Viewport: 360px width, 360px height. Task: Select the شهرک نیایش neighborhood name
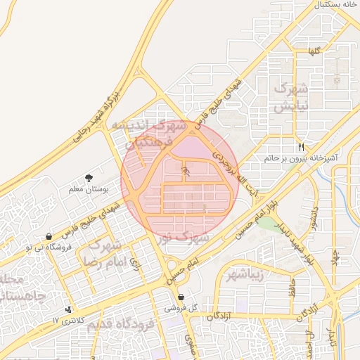coord(290,98)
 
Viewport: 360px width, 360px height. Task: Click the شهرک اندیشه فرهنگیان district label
coord(151,134)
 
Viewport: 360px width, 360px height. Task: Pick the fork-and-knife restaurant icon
coord(302,147)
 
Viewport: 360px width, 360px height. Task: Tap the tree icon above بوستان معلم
coord(89,179)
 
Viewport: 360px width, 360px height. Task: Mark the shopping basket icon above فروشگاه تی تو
coord(48,236)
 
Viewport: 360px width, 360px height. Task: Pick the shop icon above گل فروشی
coord(181,297)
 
